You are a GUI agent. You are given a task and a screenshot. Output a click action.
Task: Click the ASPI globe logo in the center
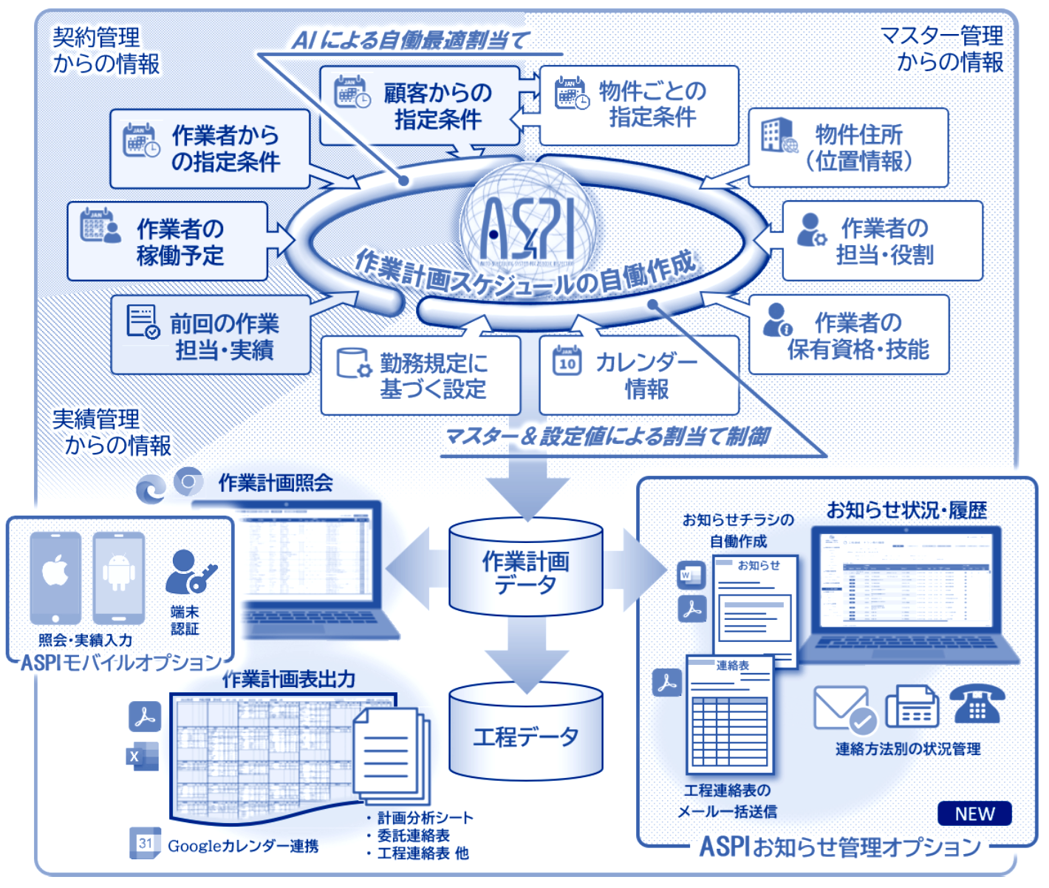click(x=527, y=225)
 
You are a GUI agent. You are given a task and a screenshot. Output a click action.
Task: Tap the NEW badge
click(x=974, y=813)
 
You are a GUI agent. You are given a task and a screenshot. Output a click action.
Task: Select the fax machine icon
click(x=912, y=707)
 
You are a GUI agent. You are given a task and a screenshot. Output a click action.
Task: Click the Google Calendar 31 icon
click(x=145, y=843)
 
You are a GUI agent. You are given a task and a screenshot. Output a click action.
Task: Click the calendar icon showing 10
click(x=567, y=361)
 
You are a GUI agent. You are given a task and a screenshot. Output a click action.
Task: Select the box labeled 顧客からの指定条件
click(x=420, y=106)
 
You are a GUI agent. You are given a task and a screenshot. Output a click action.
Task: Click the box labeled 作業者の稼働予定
click(x=168, y=242)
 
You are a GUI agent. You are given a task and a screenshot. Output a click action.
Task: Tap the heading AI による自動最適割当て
click(x=411, y=40)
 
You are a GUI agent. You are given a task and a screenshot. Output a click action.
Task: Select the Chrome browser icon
click(x=188, y=482)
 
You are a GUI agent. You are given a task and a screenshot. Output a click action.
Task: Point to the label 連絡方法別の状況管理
click(x=908, y=749)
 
